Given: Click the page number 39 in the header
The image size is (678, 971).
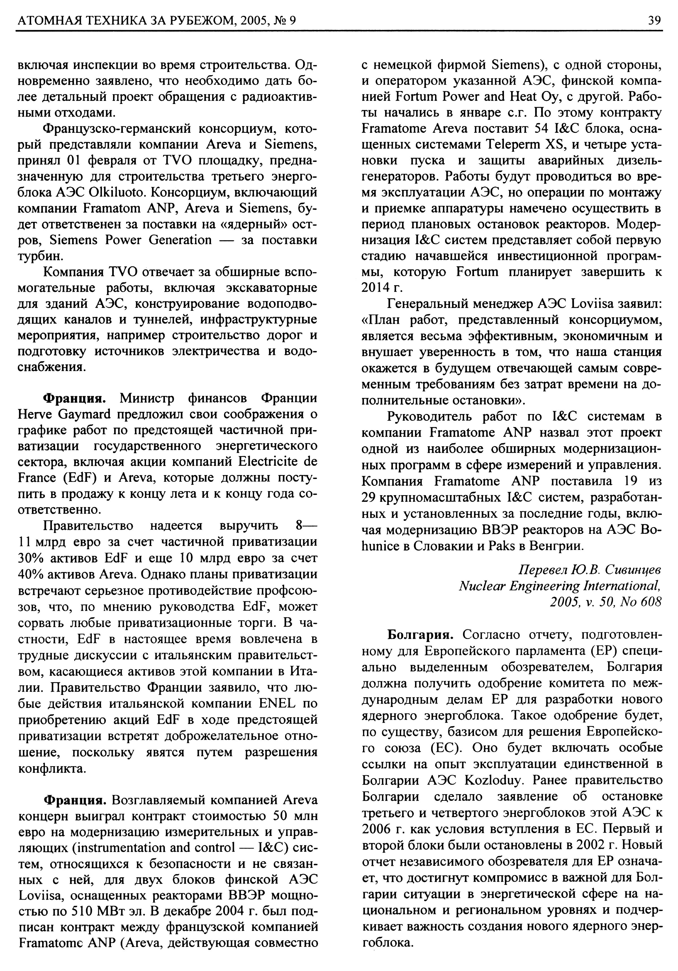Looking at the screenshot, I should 654,20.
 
